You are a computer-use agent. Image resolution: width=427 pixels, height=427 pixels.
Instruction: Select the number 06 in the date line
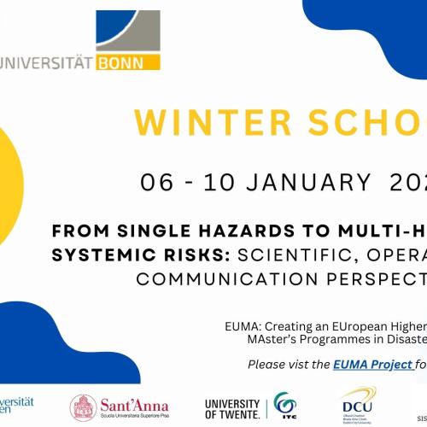pyautogui.click(x=160, y=181)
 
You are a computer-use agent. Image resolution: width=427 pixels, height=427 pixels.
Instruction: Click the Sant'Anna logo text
pyautogui.click(x=135, y=406)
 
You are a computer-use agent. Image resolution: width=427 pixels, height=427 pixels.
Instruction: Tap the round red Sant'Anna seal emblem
pyautogui.click(x=83, y=408)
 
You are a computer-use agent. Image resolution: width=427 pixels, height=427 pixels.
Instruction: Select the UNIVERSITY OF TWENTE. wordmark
pyautogui.click(x=232, y=407)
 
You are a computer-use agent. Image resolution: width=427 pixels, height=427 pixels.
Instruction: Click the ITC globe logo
pyautogui.click(x=283, y=407)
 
